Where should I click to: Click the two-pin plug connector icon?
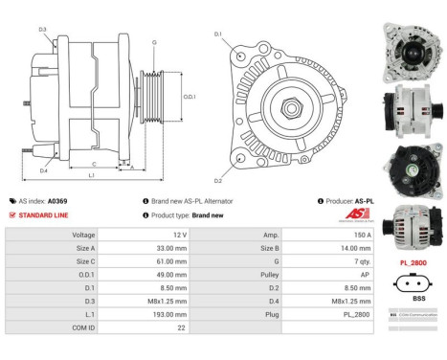412,282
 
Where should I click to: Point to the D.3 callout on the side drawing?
42,30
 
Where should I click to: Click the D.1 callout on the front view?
217,34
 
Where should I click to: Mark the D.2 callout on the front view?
217,180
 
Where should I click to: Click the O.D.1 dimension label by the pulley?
190,97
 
